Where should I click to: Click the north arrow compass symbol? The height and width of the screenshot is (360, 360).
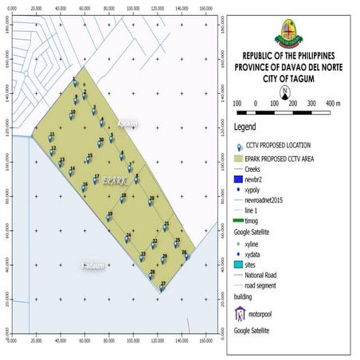284,90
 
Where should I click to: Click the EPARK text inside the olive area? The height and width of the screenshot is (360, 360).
114,182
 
